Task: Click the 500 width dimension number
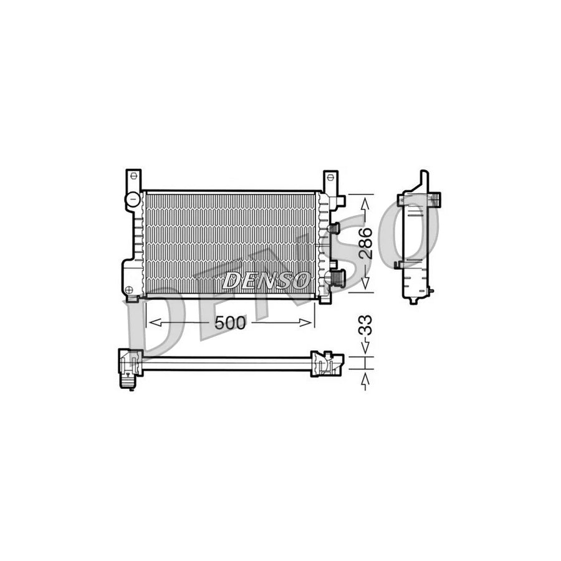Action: tap(230, 322)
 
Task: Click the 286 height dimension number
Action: tap(366, 242)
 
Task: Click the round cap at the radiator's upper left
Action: tap(133, 200)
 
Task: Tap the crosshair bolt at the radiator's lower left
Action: tap(129, 289)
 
